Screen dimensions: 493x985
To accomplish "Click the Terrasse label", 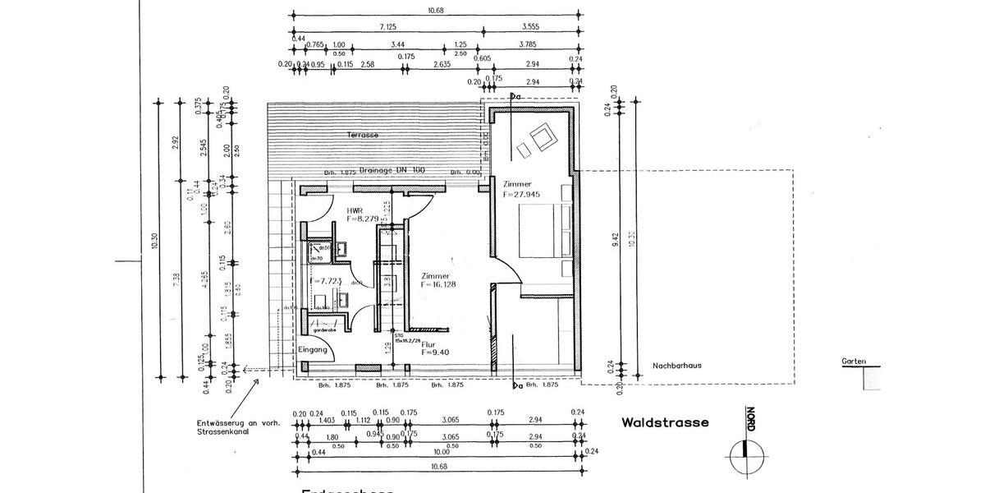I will (x=362, y=134).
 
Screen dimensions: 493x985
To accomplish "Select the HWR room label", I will (x=355, y=210).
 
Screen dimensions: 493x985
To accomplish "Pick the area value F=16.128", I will (x=438, y=284).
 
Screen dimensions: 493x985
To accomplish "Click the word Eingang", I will (x=313, y=350).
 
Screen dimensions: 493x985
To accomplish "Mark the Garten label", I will (x=853, y=361).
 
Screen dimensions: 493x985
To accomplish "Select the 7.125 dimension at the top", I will (x=388, y=27).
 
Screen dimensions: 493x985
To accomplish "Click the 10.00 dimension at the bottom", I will (x=442, y=452).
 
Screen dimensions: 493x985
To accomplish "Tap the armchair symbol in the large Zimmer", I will (x=542, y=136).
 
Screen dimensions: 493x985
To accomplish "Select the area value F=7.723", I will (x=325, y=282).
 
